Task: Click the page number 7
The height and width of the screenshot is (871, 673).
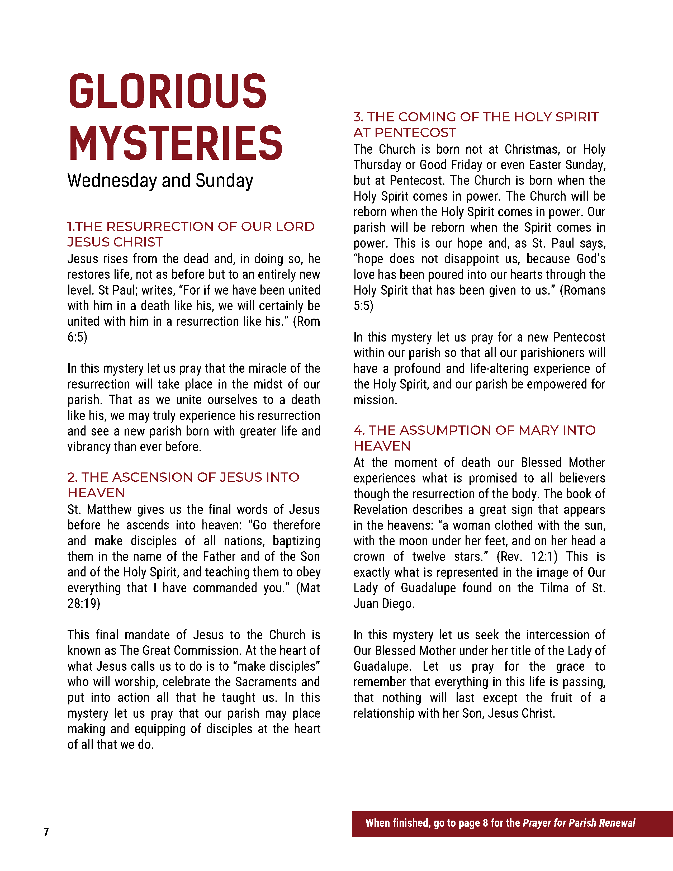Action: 46,832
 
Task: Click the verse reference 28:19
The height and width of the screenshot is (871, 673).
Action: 83,603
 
